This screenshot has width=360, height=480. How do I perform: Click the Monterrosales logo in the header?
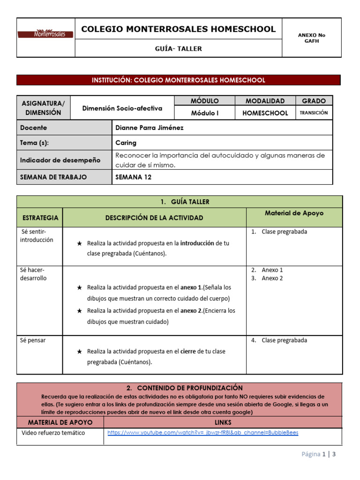click(x=45, y=34)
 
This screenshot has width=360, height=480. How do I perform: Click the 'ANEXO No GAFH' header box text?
click(x=311, y=38)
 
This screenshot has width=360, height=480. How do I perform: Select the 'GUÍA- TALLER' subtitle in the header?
click(x=178, y=48)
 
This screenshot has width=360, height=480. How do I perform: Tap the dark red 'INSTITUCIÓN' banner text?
click(x=178, y=80)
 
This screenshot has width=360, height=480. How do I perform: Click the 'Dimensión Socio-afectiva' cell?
click(x=122, y=108)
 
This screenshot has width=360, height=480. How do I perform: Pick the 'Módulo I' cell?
click(x=204, y=113)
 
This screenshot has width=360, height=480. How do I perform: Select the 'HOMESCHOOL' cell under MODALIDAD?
click(x=265, y=113)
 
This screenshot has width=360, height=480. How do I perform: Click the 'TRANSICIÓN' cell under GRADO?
click(x=314, y=113)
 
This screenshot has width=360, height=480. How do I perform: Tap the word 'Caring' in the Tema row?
click(x=126, y=143)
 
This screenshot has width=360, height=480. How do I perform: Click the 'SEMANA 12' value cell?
click(x=133, y=177)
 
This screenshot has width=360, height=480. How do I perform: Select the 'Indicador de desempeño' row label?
click(x=60, y=160)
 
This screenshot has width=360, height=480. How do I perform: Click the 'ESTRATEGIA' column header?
click(x=40, y=217)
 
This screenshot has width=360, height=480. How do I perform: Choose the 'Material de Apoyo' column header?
click(x=294, y=213)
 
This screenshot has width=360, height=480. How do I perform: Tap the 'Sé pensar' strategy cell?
click(x=33, y=340)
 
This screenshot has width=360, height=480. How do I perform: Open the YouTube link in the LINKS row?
click(x=202, y=433)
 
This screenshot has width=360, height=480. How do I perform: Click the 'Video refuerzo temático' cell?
click(x=53, y=433)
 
